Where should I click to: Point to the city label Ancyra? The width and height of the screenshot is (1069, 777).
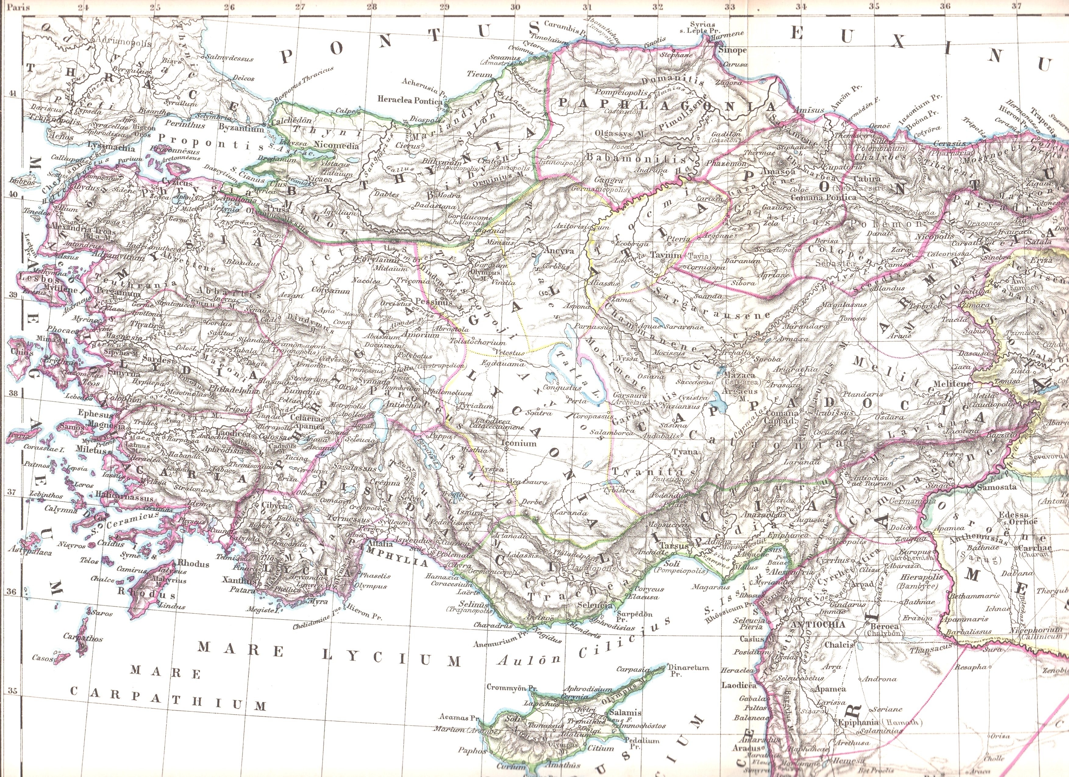(x=559, y=251)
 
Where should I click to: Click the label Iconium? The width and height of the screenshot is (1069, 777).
(x=518, y=443)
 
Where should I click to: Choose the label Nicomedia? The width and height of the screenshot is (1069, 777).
(x=337, y=146)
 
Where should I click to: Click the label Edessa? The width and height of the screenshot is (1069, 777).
(x=1012, y=515)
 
